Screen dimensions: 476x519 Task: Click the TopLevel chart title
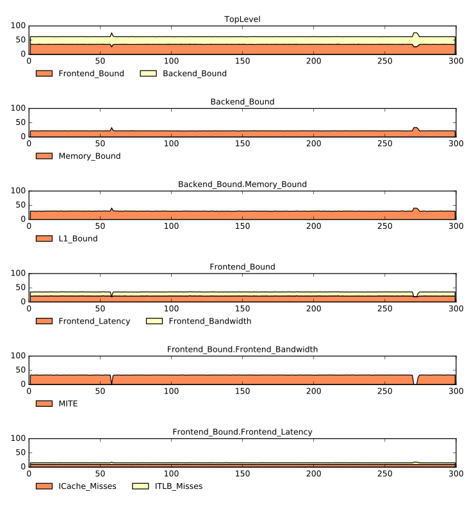point(242,19)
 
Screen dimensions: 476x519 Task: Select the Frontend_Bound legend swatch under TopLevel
point(44,74)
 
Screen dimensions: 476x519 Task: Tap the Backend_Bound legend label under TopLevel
point(195,74)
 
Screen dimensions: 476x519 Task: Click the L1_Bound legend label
point(78,238)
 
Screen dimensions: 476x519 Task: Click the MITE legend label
point(68,404)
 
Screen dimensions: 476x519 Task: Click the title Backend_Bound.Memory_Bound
point(242,185)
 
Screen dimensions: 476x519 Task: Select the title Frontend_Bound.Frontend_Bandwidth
point(242,350)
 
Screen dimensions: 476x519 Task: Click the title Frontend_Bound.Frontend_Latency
point(242,432)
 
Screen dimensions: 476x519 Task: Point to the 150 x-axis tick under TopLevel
point(242,61)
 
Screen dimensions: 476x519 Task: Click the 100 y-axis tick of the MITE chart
point(18,356)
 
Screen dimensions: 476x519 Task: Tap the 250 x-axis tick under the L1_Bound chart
point(384,226)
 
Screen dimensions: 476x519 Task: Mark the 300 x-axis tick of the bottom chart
point(455,474)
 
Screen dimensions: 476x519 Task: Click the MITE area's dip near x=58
point(111,380)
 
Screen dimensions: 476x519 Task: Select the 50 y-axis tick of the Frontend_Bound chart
point(21,287)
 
